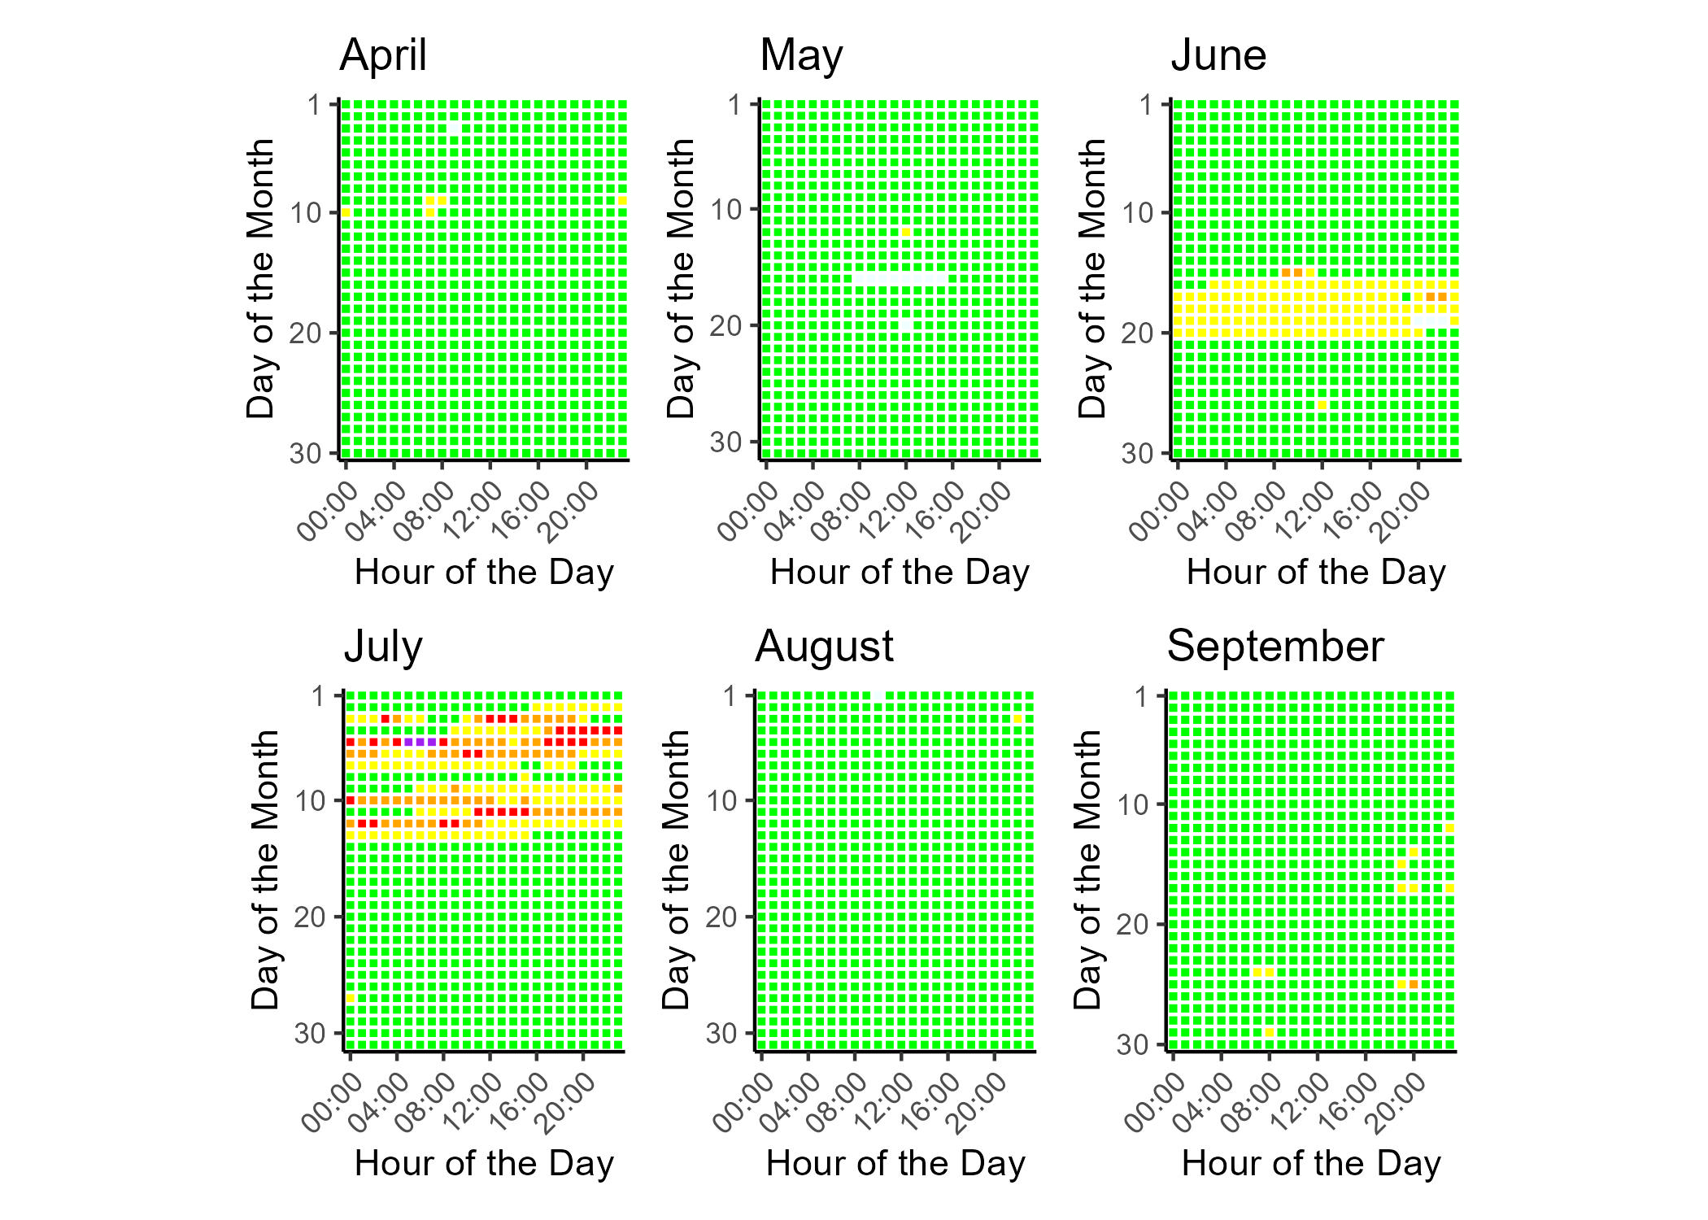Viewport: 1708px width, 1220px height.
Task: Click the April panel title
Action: click(383, 56)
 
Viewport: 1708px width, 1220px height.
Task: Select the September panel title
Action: click(1274, 647)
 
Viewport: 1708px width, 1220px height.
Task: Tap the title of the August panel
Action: click(824, 647)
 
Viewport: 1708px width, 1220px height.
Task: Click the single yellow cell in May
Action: click(906, 233)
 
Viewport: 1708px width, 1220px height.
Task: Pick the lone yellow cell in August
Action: click(1017, 719)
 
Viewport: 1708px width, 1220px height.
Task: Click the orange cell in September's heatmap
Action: click(1414, 984)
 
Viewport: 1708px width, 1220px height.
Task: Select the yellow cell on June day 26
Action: click(1322, 405)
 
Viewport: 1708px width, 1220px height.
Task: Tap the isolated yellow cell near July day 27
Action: click(351, 998)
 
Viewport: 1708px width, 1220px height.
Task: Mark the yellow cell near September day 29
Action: click(1269, 1032)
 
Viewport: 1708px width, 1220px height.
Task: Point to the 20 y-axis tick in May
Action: click(725, 326)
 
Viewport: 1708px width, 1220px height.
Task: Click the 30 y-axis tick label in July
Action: click(309, 1034)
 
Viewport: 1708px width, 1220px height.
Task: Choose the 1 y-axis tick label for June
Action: click(1146, 105)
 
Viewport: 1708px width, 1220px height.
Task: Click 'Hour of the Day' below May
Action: click(900, 573)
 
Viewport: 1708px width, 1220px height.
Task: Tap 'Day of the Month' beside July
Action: click(265, 869)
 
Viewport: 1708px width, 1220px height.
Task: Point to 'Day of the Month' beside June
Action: click(1092, 278)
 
